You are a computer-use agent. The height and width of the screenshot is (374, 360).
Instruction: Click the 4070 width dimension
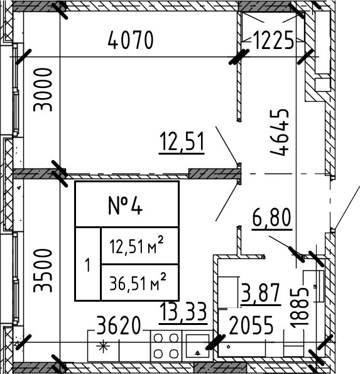tap(131, 41)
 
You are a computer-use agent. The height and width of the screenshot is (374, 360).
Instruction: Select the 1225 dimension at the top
tap(273, 41)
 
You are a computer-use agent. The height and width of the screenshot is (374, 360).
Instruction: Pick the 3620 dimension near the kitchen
tap(119, 326)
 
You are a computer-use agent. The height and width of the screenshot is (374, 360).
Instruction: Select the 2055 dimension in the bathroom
tap(251, 326)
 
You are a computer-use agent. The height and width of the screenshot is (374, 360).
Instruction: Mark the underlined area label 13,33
tap(183, 311)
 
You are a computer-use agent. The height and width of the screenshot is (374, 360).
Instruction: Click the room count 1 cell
tap(87, 265)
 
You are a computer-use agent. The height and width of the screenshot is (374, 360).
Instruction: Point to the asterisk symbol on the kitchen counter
tap(102, 346)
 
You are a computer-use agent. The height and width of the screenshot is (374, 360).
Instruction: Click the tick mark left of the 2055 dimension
tap(218, 341)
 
